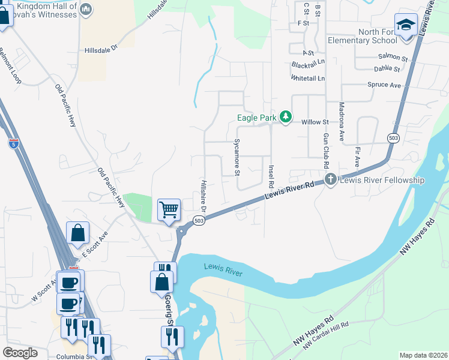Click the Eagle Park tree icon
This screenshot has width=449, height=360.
coord(287,116)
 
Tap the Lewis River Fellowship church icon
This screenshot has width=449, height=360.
coord(330,179)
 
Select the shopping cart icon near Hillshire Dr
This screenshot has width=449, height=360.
coord(169,210)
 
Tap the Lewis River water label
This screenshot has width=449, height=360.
coord(223,270)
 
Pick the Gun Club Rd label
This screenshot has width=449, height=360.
coord(325,151)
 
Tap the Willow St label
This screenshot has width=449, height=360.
coord(315,122)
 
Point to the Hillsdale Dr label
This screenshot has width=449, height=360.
coord(102,50)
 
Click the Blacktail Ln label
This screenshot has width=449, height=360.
coord(308,62)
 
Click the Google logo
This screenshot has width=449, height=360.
coord(20,353)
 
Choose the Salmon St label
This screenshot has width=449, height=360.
coord(393,58)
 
